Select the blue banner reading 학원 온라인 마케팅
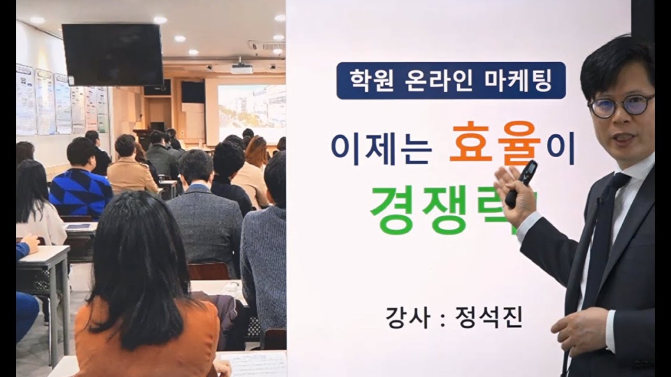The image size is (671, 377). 451,80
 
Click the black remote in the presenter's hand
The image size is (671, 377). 521,183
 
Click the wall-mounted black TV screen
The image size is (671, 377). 113,54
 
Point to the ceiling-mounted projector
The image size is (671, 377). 242,68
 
